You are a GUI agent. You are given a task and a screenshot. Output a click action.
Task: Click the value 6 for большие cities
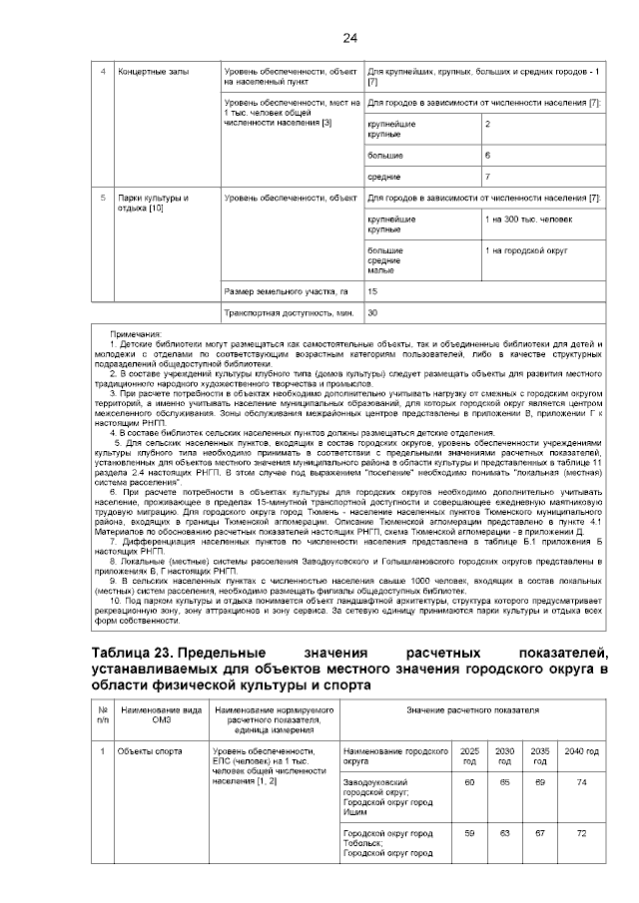[x=487, y=156]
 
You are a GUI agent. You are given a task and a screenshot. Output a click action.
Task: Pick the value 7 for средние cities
[x=487, y=176]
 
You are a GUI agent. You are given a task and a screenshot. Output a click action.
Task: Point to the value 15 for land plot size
[x=373, y=291]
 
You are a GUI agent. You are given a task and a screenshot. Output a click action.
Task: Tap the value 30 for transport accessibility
[x=373, y=313]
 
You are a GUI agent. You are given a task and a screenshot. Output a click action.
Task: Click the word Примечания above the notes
[x=136, y=334]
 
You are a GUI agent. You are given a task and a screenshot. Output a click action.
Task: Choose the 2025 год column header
[x=469, y=754]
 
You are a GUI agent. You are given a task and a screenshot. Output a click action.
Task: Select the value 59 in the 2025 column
[x=469, y=832]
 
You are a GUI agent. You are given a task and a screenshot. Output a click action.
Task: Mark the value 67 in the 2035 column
[x=540, y=832]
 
